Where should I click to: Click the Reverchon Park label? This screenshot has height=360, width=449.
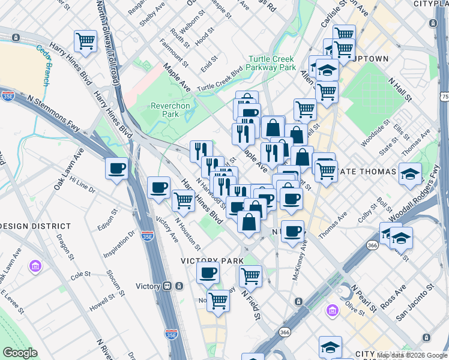170,109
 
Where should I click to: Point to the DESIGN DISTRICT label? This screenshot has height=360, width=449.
35,226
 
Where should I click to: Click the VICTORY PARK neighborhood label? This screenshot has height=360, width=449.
212,261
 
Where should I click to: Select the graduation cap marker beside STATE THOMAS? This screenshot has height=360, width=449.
410,174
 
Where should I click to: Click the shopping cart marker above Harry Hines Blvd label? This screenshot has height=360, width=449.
85,42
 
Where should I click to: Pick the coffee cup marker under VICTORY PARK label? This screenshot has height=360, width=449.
208,273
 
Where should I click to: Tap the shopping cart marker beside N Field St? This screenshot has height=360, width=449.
250,277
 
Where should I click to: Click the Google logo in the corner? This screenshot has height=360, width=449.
20,353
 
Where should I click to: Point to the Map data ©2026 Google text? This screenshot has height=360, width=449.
411,355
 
